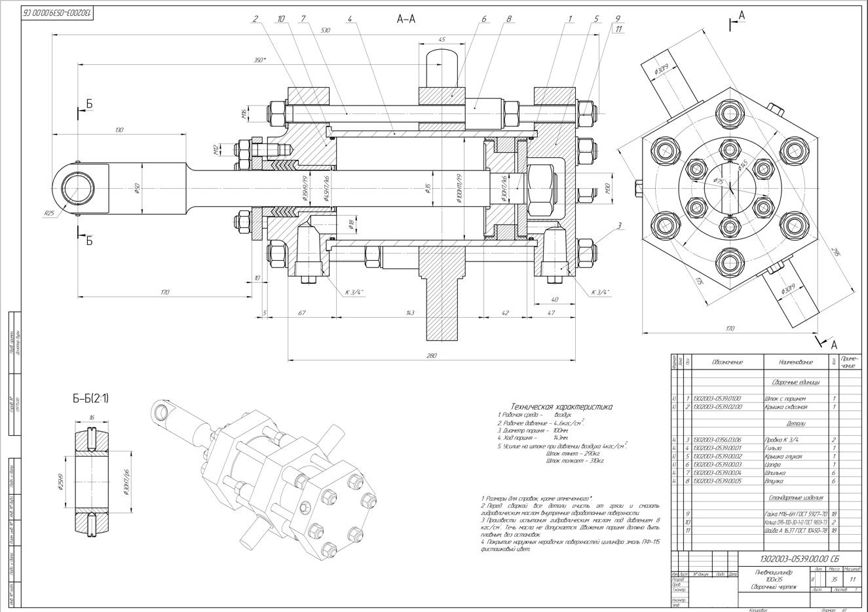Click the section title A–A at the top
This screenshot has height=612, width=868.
(406, 19)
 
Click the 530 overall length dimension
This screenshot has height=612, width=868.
(326, 31)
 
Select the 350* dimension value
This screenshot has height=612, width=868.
(259, 60)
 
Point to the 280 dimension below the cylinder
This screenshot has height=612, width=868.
(431, 355)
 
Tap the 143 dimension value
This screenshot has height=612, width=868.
(410, 313)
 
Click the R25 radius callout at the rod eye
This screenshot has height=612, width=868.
(48, 213)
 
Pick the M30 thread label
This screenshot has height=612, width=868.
(608, 190)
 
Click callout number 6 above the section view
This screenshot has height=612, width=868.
(484, 19)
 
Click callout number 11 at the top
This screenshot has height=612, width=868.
(617, 29)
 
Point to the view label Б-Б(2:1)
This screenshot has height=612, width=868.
(90, 398)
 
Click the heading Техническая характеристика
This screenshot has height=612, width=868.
(561, 406)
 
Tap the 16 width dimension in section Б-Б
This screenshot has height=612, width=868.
(91, 417)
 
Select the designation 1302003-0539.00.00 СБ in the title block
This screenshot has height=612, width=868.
(798, 559)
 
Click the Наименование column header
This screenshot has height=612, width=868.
(795, 362)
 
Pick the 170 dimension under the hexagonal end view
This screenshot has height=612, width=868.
(730, 329)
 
